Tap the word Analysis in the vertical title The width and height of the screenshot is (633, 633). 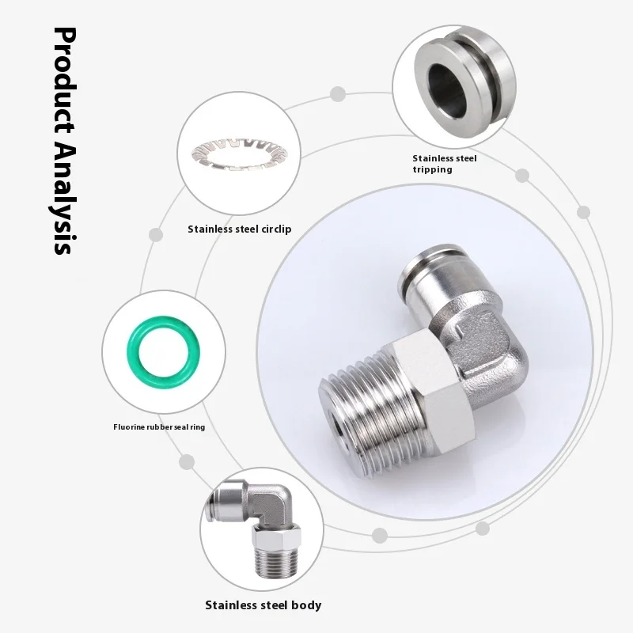pos(63,198)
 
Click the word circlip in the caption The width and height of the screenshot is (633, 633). pos(274,229)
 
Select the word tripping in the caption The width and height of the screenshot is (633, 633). pos(432,169)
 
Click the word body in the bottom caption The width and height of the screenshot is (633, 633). pos(307,605)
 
